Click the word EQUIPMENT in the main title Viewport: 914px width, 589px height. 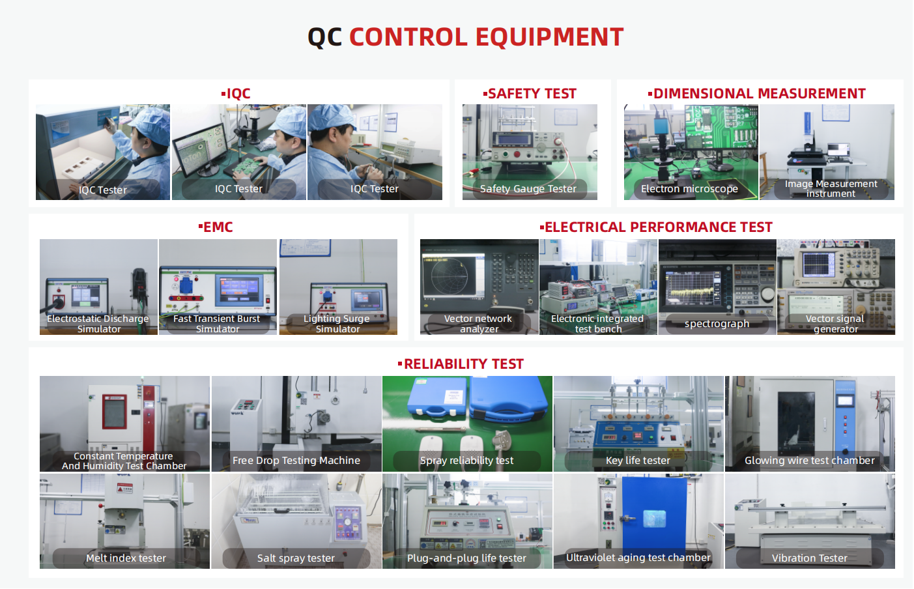[x=549, y=37]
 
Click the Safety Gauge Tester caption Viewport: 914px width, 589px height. [x=528, y=188]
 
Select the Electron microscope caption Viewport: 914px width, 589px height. [x=689, y=188]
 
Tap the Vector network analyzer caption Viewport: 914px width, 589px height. [x=478, y=324]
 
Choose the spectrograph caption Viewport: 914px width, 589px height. [x=717, y=324]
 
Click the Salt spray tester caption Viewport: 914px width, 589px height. [x=296, y=558]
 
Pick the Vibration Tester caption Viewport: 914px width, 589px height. [x=810, y=558]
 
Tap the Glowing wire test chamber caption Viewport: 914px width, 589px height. [x=810, y=461]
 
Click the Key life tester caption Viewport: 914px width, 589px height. [x=638, y=461]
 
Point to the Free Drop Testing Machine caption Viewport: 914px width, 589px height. [x=296, y=461]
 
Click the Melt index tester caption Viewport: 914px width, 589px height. [x=126, y=558]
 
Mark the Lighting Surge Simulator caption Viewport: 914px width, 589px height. [x=337, y=324]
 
